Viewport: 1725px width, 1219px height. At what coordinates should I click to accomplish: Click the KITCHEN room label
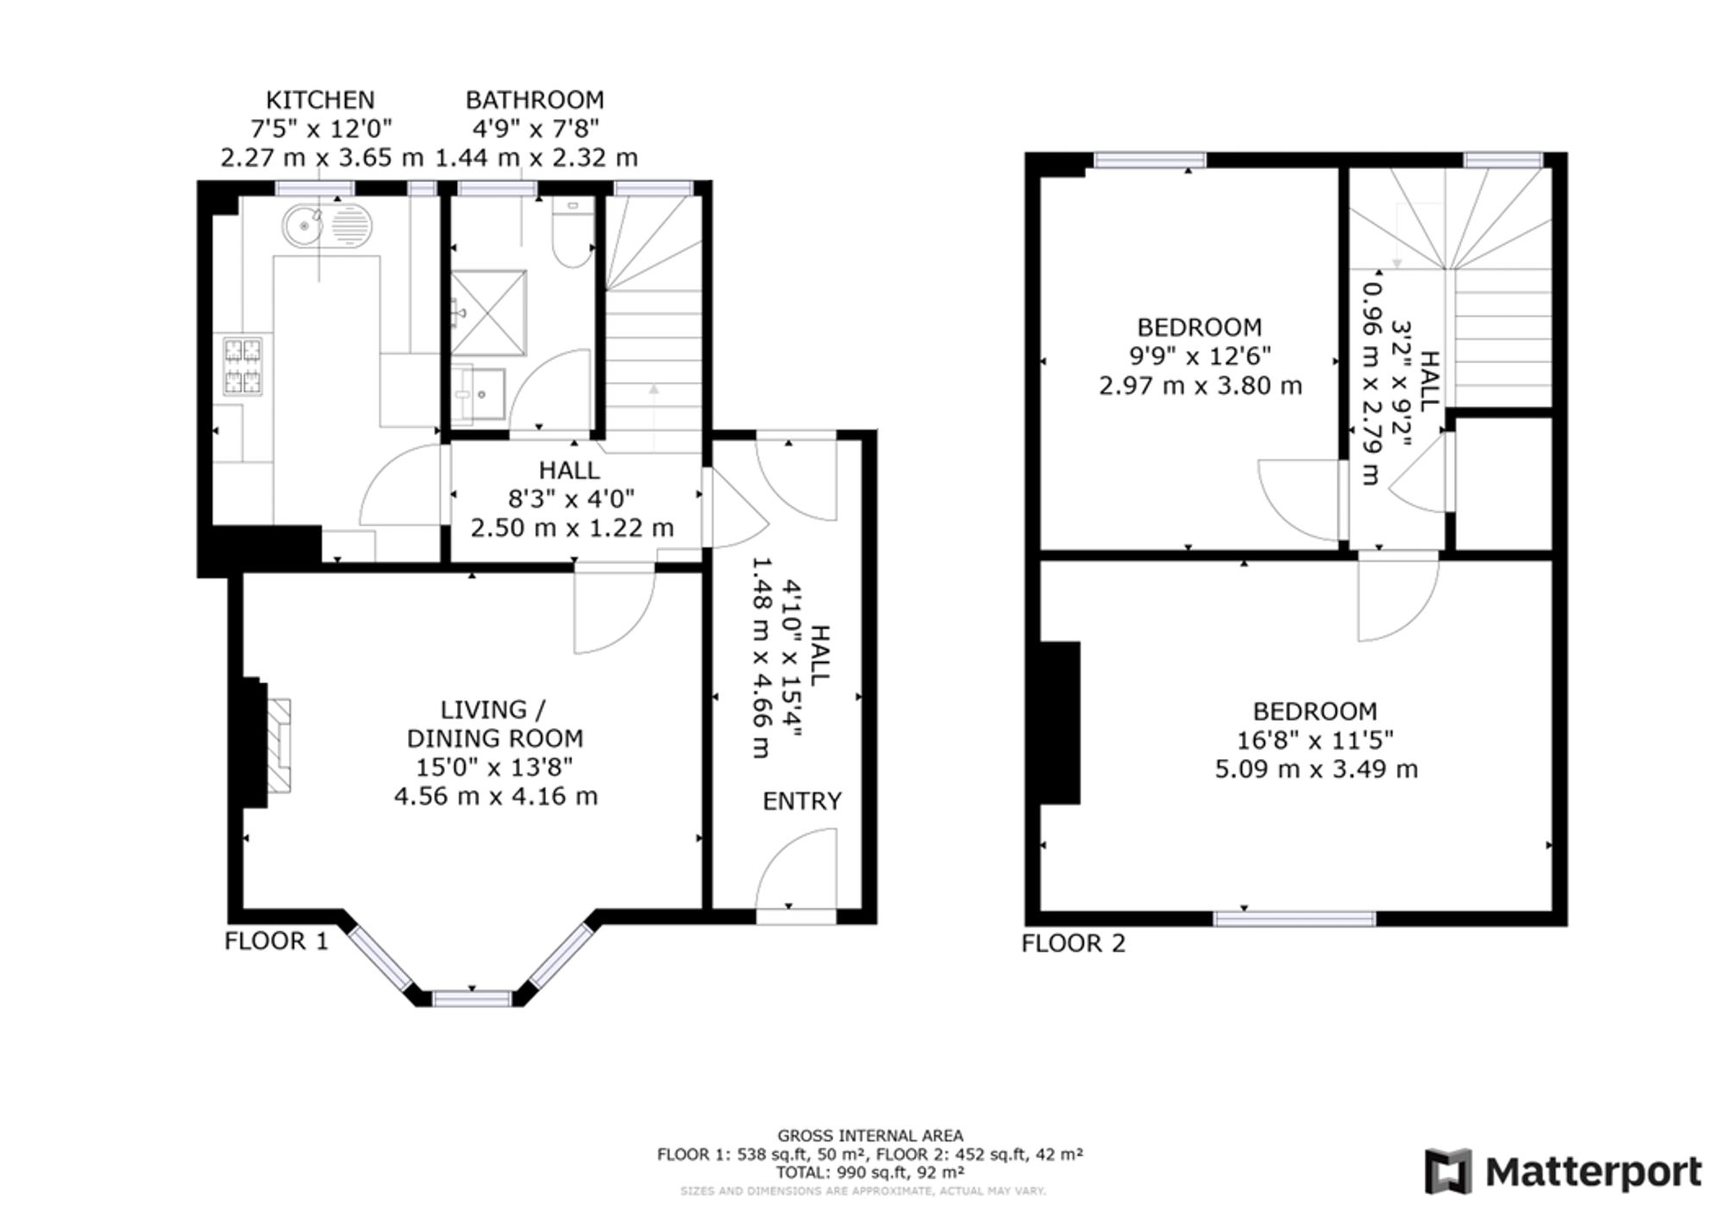[320, 100]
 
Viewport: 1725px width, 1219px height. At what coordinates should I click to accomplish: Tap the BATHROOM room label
[535, 100]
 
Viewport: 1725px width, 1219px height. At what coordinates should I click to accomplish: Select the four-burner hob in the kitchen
[243, 366]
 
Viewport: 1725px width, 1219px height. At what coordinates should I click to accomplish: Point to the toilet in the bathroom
[573, 234]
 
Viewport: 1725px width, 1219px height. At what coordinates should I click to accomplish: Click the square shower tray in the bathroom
[488, 313]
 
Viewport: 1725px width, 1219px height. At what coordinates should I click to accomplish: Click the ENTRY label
[802, 801]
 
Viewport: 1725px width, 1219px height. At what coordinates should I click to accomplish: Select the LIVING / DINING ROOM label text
[494, 724]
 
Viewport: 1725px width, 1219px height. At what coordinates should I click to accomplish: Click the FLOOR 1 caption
[277, 940]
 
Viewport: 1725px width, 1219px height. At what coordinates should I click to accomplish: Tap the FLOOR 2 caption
[1074, 943]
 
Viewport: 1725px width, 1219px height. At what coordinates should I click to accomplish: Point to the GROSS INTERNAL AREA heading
[870, 1136]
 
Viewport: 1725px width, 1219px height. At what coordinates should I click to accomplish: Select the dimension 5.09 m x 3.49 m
[1316, 769]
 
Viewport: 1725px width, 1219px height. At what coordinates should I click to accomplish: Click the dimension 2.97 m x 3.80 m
[1200, 385]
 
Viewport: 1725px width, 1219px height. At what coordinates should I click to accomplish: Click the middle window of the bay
[472, 999]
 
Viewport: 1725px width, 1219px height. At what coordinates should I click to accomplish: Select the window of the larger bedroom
[1295, 920]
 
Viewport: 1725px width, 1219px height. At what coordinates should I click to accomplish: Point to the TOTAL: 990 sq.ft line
[870, 1172]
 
